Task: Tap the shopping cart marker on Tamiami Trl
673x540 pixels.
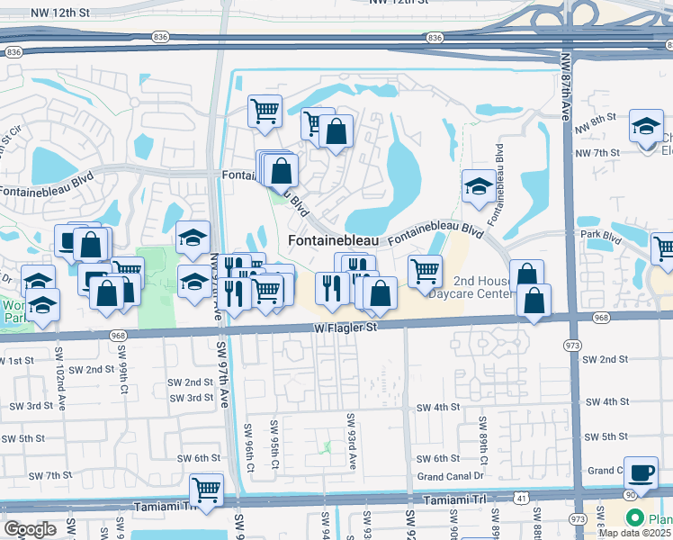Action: point(206,490)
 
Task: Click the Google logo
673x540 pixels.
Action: point(30,529)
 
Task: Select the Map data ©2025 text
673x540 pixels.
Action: point(634,533)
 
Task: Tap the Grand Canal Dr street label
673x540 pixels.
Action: point(451,476)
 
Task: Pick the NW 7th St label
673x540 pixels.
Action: point(597,153)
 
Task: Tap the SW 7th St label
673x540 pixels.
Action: point(49,475)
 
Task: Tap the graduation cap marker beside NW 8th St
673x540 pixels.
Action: point(645,126)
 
